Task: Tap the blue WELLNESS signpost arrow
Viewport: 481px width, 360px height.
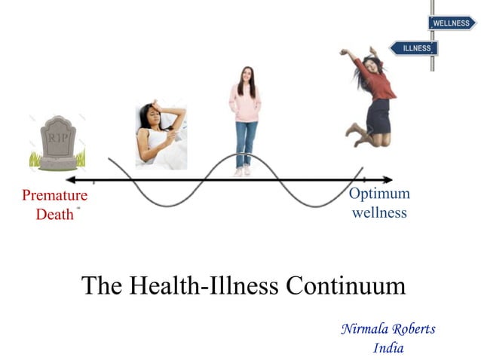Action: coord(453,23)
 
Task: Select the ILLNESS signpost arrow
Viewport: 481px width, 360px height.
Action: coord(415,48)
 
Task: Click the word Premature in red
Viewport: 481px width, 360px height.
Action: coord(54,196)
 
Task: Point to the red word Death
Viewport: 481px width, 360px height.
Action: coord(54,214)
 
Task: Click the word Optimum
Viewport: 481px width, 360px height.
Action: coord(379,194)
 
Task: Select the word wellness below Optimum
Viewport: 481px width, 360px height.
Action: coord(379,212)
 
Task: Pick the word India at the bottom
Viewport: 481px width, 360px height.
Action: coord(388,348)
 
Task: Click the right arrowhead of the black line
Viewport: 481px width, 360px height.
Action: coord(388,180)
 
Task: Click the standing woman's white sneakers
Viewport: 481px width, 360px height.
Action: coord(243,172)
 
